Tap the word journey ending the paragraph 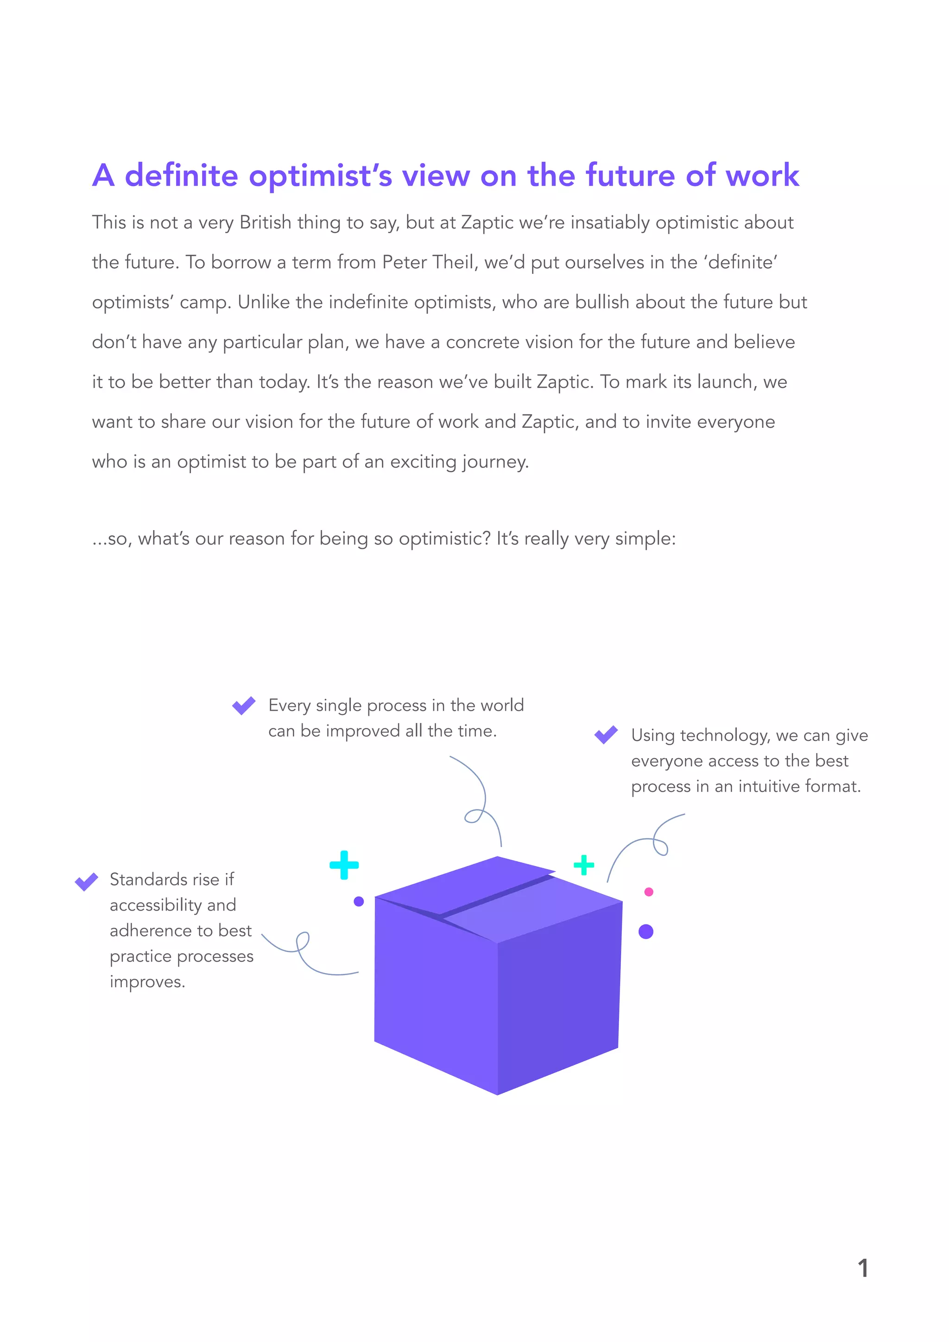pos(495,462)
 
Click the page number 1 pos(862,1268)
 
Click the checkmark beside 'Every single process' pos(244,705)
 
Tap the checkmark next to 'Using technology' pos(606,734)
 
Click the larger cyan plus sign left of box pos(344,865)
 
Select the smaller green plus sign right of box pos(584,865)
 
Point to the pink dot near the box pos(649,892)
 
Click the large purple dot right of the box pos(645,932)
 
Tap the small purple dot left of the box pos(359,901)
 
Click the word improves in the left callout pos(147,982)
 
